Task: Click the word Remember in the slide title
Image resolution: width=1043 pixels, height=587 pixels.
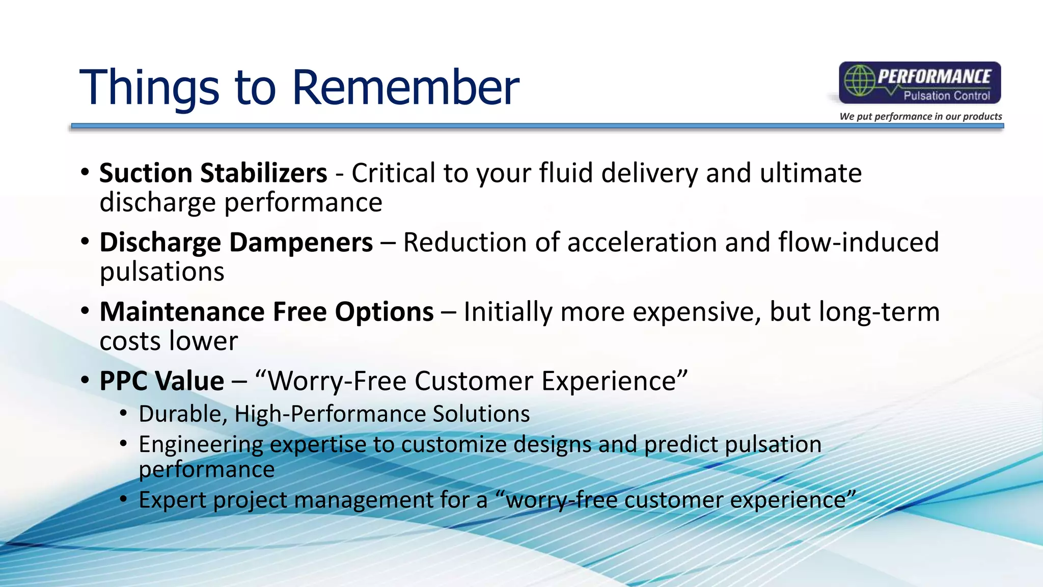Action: pyautogui.click(x=405, y=87)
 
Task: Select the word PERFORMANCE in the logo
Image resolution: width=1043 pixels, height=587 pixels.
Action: pyautogui.click(x=934, y=76)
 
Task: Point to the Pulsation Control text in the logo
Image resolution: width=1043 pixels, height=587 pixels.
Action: pyautogui.click(x=947, y=95)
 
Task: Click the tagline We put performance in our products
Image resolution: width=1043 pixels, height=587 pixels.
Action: pyautogui.click(x=921, y=116)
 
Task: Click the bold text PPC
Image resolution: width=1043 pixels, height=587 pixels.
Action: pyautogui.click(x=124, y=381)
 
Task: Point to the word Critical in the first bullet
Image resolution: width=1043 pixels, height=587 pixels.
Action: pyautogui.click(x=394, y=173)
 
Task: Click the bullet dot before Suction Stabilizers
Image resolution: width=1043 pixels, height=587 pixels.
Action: pyautogui.click(x=85, y=172)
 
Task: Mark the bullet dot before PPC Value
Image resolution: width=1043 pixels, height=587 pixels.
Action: pyautogui.click(x=85, y=380)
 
